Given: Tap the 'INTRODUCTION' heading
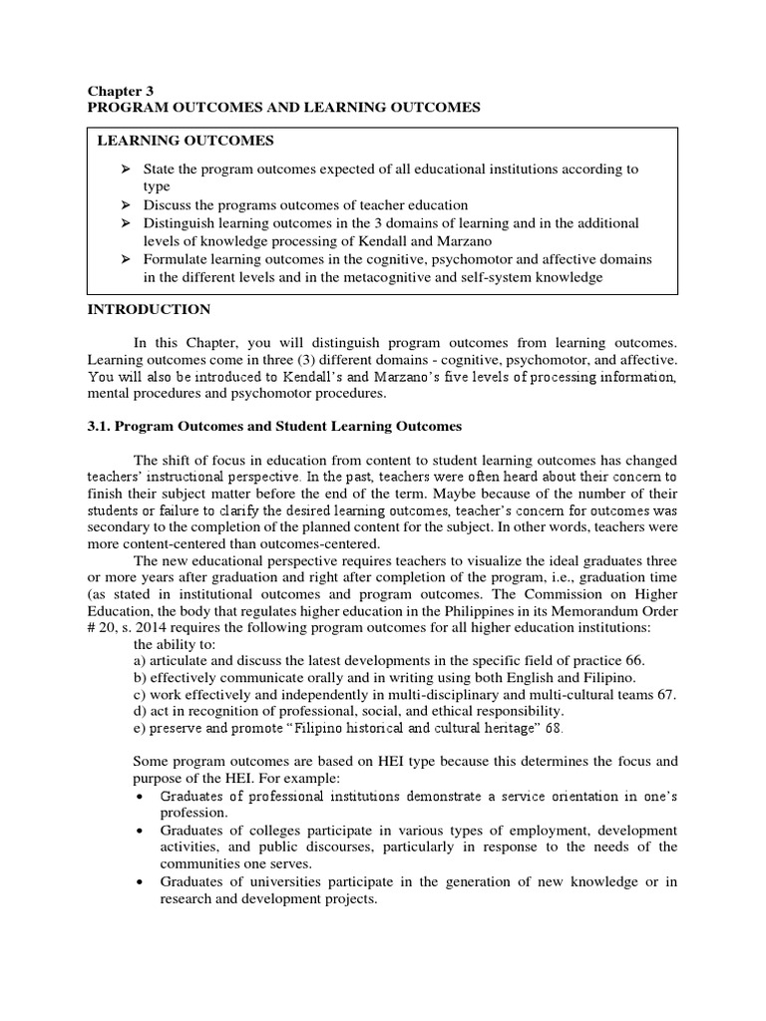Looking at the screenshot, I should [150, 310].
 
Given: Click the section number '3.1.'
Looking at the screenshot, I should [100, 426].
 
